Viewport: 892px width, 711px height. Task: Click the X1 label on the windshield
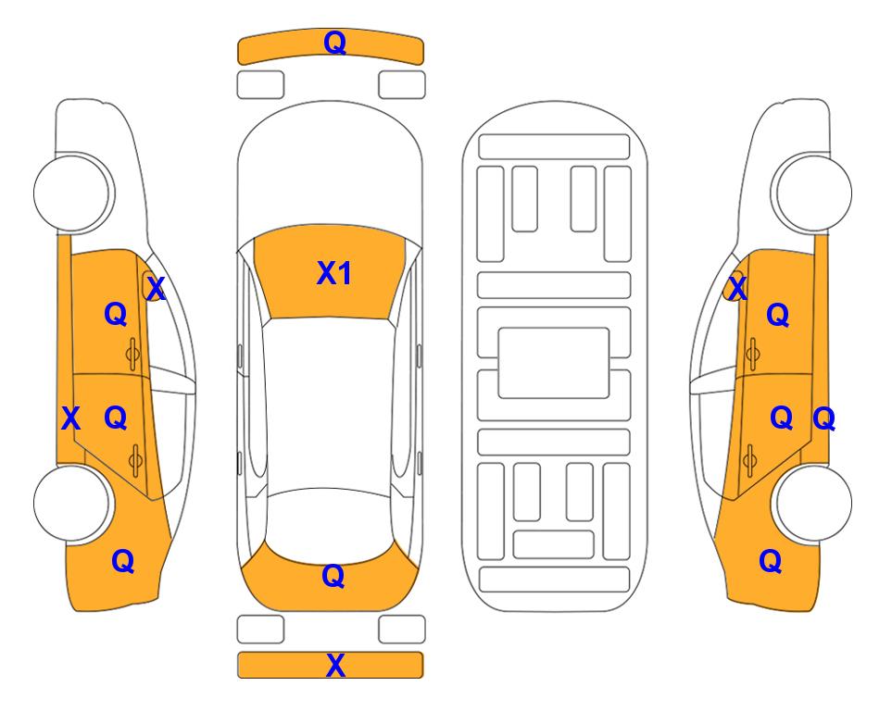[x=334, y=273]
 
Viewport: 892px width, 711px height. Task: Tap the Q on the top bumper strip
[x=334, y=43]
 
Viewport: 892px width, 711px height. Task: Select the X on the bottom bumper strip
[x=335, y=666]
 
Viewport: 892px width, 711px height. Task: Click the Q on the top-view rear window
[x=333, y=576]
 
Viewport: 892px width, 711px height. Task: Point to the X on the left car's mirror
[x=156, y=288]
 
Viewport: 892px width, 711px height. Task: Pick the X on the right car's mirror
[x=737, y=288]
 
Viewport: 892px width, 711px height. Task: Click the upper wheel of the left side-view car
[x=72, y=193]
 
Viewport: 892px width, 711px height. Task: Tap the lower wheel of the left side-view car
[x=72, y=504]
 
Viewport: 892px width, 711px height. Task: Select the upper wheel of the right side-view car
[x=813, y=193]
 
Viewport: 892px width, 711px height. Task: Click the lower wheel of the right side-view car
[x=813, y=504]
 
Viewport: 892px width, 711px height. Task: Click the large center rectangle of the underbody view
[x=554, y=363]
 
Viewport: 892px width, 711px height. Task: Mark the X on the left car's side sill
[x=70, y=418]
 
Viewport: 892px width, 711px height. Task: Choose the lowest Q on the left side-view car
[x=123, y=561]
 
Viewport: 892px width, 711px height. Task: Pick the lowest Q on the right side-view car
[x=771, y=561]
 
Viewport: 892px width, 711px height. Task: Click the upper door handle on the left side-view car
[x=133, y=354]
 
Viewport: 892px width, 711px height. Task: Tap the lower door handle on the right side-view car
[x=750, y=460]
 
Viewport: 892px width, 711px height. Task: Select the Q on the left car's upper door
[x=116, y=314]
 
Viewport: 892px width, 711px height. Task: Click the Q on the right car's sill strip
[x=823, y=419]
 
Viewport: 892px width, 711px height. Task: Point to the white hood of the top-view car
[x=330, y=170]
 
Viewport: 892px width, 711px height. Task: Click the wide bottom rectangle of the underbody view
[x=554, y=580]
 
